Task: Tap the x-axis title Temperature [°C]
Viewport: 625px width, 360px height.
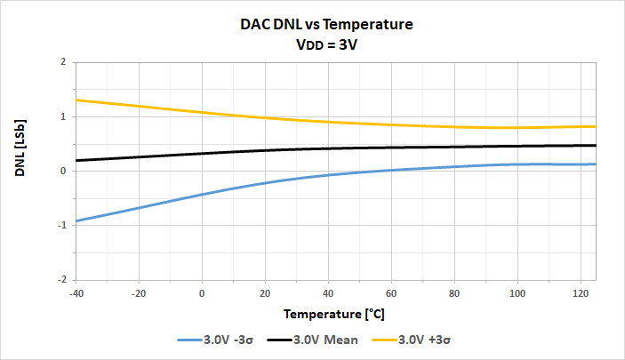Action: pos(334,314)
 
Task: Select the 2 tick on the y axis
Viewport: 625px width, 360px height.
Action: pos(63,62)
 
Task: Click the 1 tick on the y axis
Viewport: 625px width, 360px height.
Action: pos(63,116)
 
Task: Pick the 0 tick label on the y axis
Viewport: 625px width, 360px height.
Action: pos(63,171)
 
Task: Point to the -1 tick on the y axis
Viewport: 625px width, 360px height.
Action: pos(61,225)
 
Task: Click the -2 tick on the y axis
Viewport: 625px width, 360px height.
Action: pos(61,279)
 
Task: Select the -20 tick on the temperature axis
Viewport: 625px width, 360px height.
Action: pos(139,293)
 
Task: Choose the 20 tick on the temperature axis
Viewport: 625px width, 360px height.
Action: pos(265,293)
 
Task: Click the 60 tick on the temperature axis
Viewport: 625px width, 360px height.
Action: pos(391,293)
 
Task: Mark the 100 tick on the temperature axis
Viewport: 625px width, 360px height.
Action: pos(517,293)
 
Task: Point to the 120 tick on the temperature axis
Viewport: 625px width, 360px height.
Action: pos(580,293)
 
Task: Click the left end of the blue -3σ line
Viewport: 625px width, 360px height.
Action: pos(76,220)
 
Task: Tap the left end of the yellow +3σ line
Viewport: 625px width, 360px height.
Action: pos(76,100)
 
